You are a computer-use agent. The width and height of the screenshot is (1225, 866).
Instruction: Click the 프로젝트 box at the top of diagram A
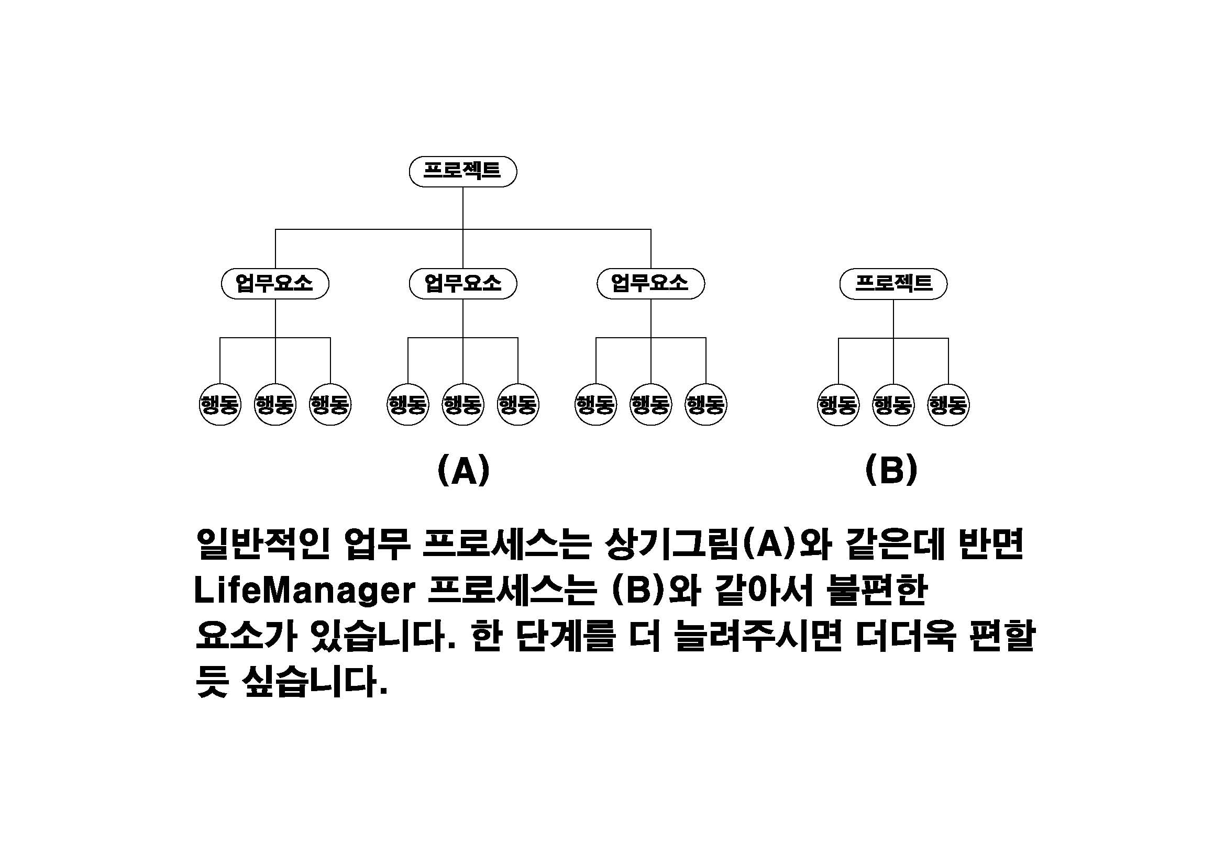tap(462, 171)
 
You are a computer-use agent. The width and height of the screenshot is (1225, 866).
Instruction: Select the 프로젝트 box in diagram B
tap(893, 284)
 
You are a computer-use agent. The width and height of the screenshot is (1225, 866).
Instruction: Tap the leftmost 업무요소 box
tap(275, 283)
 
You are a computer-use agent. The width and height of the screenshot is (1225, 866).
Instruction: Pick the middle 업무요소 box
tap(462, 283)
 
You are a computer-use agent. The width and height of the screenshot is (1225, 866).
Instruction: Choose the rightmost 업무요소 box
tap(650, 283)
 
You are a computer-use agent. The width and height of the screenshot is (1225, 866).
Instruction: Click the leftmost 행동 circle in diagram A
tap(220, 404)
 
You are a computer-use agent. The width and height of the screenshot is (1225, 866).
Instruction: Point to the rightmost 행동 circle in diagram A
tap(706, 404)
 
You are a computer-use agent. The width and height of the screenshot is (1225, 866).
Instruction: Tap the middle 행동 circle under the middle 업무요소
tap(462, 404)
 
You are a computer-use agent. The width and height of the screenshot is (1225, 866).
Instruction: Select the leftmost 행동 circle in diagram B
tap(838, 405)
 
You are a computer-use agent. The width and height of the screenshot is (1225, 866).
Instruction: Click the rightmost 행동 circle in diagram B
tap(948, 405)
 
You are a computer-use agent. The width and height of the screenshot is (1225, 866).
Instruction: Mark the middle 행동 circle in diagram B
tap(893, 405)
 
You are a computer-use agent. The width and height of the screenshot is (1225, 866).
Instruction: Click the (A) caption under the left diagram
tap(463, 470)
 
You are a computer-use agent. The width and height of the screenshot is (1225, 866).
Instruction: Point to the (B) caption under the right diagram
tap(891, 470)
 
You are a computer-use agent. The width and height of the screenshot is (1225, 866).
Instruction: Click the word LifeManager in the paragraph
tap(304, 591)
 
